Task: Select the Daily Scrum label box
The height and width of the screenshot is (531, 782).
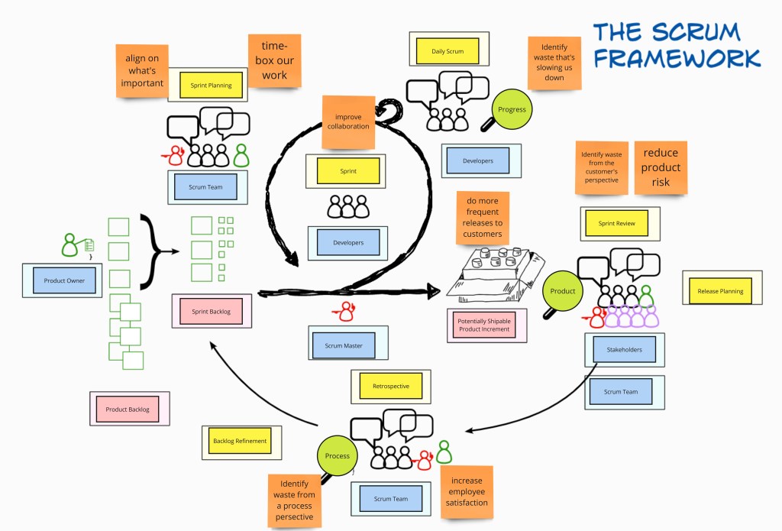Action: [448, 51]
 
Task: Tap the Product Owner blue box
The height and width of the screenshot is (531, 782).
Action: [65, 281]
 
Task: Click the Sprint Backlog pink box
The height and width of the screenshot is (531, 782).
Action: [212, 311]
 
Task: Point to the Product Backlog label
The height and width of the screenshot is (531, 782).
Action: [128, 410]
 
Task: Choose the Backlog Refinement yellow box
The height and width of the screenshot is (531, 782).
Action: [240, 441]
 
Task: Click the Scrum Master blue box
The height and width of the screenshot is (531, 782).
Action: [344, 345]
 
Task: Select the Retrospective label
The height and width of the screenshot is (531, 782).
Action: [390, 386]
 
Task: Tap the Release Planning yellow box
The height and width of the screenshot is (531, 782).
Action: [720, 291]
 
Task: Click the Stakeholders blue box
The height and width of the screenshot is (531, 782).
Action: [624, 350]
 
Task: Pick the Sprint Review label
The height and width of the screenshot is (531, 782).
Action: [616, 224]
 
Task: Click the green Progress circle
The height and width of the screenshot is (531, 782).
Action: [512, 109]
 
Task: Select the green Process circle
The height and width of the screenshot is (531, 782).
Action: [337, 456]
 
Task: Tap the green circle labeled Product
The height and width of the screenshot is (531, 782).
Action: [563, 291]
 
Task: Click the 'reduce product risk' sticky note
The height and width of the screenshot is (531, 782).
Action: [661, 167]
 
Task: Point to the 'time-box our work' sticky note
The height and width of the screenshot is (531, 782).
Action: [275, 60]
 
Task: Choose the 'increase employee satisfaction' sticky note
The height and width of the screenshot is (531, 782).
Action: [467, 491]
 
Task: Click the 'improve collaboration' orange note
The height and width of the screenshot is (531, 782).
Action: [348, 121]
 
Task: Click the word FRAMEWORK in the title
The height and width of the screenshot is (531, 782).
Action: [677, 58]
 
